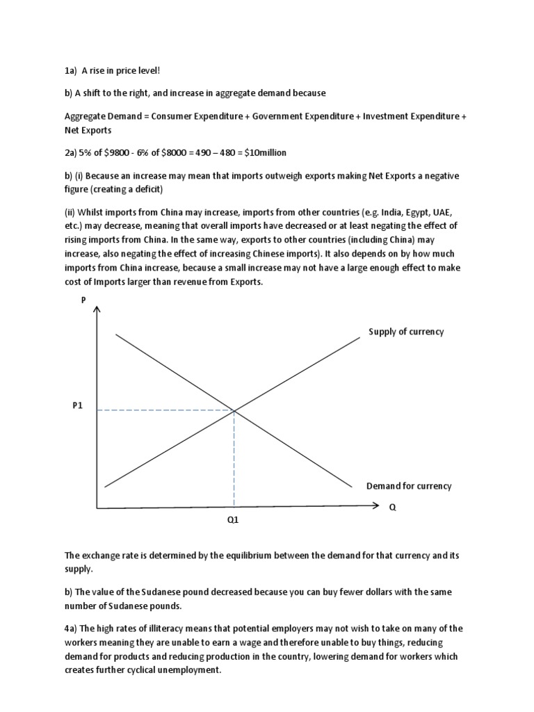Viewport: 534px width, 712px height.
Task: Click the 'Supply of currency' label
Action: click(406, 332)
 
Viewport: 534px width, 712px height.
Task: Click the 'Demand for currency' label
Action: click(409, 486)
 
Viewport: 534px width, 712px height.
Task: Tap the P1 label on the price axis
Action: click(78, 406)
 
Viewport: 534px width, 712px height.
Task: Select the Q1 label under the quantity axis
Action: click(233, 519)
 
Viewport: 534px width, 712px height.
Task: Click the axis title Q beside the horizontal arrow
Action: click(392, 507)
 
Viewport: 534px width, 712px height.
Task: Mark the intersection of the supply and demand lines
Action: click(234, 410)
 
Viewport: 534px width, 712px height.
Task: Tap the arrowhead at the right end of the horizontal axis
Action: click(374, 508)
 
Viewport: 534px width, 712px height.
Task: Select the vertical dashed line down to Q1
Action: click(234, 459)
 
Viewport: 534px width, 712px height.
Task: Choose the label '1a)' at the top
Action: click(70, 70)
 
